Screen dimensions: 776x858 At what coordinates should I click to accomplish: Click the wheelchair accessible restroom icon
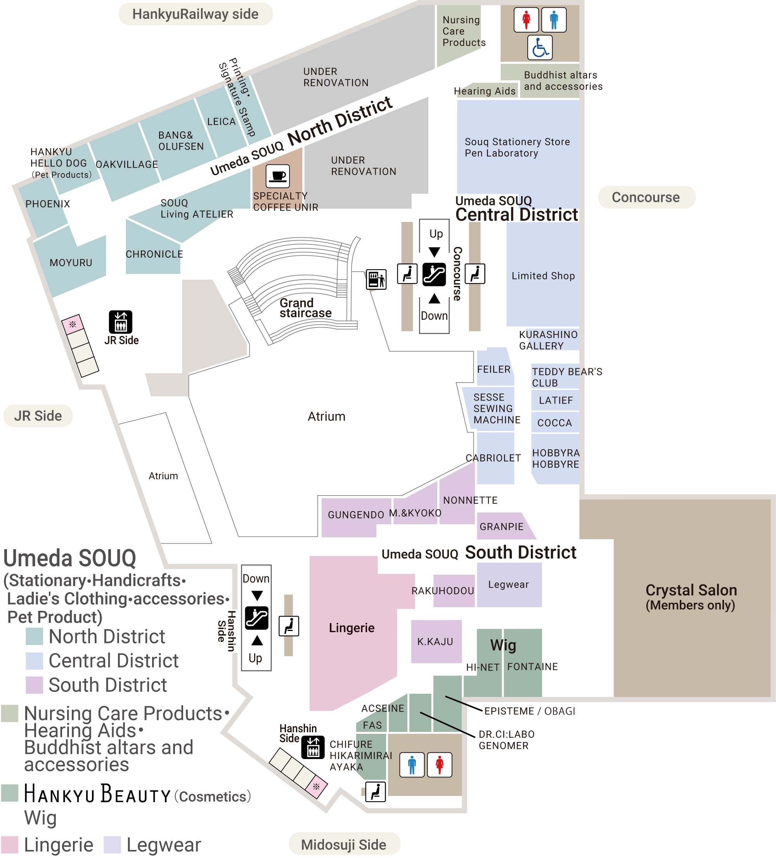pyautogui.click(x=540, y=47)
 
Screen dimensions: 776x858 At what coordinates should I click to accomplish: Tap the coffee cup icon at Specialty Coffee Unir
pyautogui.click(x=278, y=176)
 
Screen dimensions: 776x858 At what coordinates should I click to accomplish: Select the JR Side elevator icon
pyautogui.click(x=121, y=322)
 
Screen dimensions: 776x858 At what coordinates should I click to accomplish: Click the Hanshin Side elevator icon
pyautogui.click(x=313, y=747)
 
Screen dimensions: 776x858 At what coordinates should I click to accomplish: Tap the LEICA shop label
pyautogui.click(x=221, y=122)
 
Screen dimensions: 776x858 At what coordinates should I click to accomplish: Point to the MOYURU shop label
pyautogui.click(x=71, y=263)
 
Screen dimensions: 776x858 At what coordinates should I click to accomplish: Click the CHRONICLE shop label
pyautogui.click(x=154, y=254)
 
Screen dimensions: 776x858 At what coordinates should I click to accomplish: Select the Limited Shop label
pyautogui.click(x=543, y=276)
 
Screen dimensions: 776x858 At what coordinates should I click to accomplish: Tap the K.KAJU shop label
pyautogui.click(x=435, y=641)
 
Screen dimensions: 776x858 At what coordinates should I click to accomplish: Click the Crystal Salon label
pyautogui.click(x=691, y=590)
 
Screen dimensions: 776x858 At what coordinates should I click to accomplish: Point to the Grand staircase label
pyautogui.click(x=305, y=308)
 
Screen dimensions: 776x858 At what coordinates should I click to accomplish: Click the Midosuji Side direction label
pyautogui.click(x=344, y=844)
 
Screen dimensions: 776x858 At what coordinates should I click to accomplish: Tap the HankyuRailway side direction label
pyautogui.click(x=195, y=14)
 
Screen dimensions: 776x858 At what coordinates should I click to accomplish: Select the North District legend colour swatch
pyautogui.click(x=35, y=637)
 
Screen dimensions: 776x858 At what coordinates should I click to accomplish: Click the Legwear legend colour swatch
pyautogui.click(x=112, y=845)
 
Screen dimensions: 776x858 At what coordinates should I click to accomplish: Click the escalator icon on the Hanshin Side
pyautogui.click(x=256, y=618)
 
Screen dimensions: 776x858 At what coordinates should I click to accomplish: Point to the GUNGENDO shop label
pyautogui.click(x=356, y=515)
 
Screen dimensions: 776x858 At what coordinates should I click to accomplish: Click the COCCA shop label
pyautogui.click(x=555, y=423)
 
